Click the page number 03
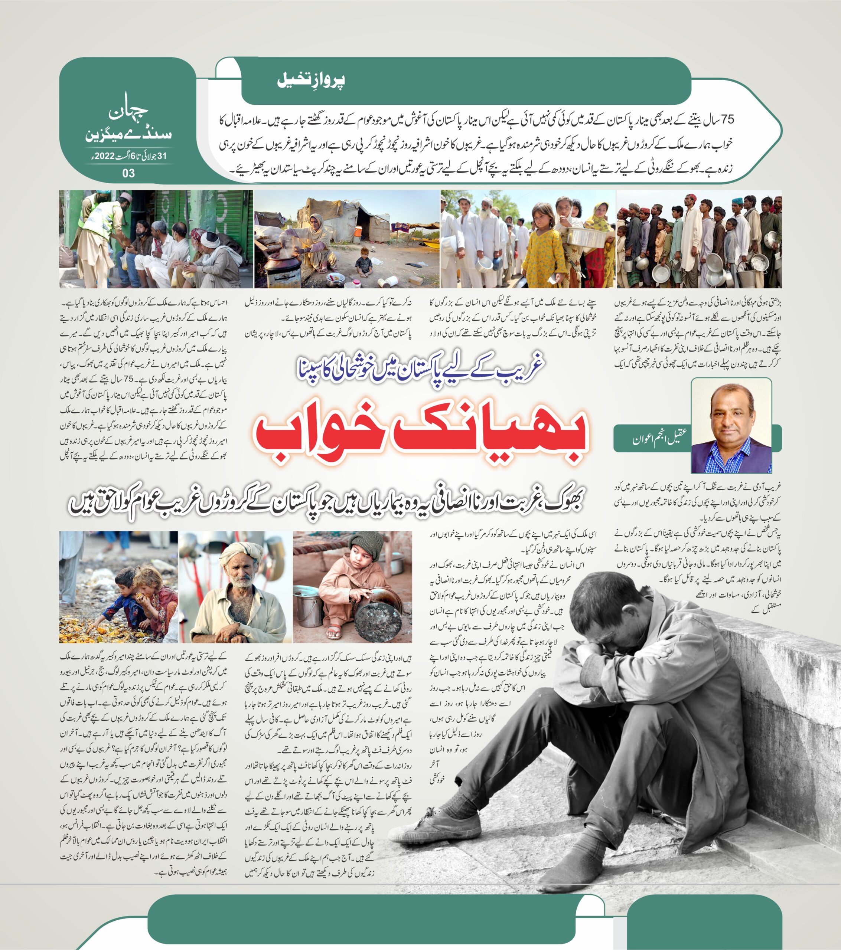click(128, 173)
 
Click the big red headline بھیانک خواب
click(421, 436)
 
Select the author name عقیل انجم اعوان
click(659, 438)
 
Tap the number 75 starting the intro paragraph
click(726, 120)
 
